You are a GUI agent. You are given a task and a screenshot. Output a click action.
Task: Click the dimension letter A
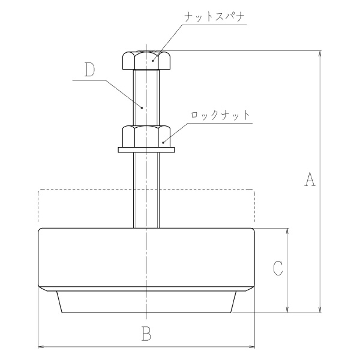point(310,179)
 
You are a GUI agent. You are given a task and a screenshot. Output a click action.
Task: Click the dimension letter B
point(146,333)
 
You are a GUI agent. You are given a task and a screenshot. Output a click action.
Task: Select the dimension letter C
point(277,268)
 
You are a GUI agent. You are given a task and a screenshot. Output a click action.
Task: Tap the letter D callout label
point(90,70)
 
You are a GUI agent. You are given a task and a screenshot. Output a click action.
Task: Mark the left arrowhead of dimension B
point(42,346)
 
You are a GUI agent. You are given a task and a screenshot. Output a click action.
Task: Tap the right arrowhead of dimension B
point(252,346)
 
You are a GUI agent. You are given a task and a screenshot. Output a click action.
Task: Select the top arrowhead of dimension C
point(289,232)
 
